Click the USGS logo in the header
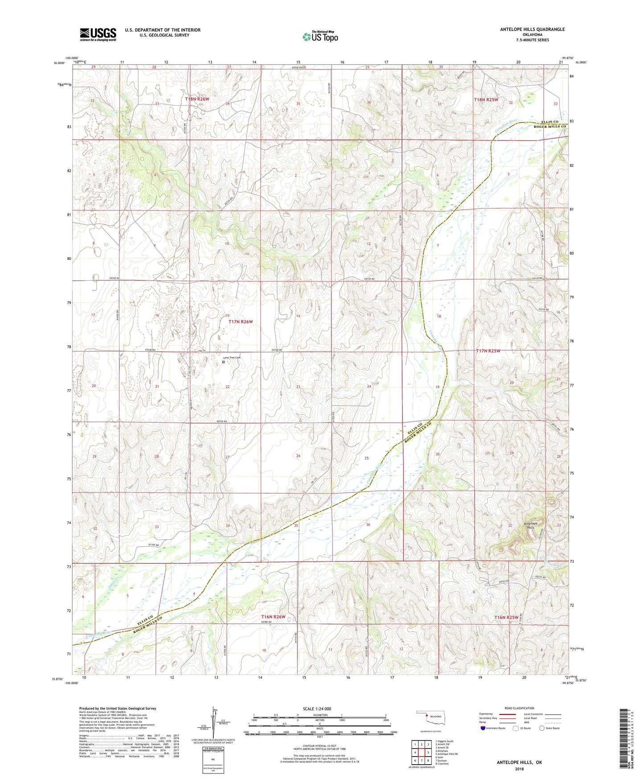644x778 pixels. point(98,34)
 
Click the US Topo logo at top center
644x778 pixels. point(320,37)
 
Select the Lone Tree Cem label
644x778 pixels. point(232,357)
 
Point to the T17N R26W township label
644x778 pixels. point(241,321)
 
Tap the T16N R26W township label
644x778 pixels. point(273,617)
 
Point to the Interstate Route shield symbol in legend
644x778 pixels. point(484,728)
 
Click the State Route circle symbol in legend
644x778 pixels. point(541,728)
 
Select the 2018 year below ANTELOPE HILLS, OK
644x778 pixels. point(519,769)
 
